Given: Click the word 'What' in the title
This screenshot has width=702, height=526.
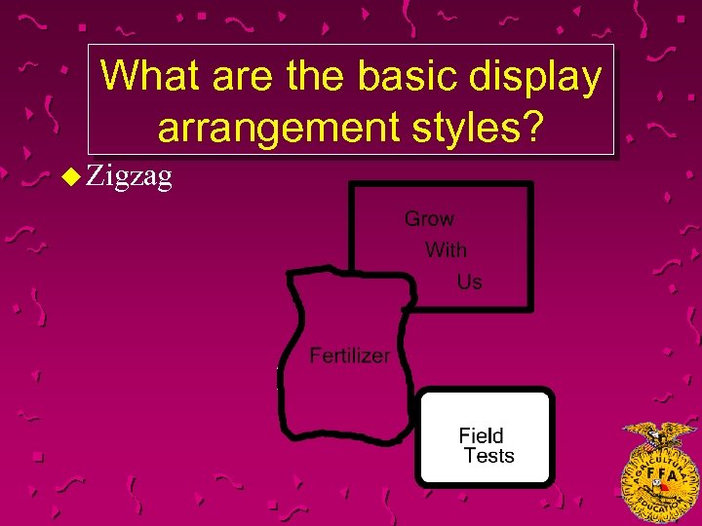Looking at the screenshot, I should [x=145, y=76].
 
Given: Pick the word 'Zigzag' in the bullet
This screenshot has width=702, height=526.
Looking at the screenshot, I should [x=129, y=176].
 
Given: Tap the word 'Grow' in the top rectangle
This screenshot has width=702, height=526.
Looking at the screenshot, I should [x=429, y=219].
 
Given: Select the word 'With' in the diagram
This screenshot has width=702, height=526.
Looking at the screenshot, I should [x=446, y=250].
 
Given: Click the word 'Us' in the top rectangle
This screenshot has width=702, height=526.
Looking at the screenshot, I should [x=469, y=282].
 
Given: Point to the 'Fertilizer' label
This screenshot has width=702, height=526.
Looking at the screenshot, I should [x=349, y=356].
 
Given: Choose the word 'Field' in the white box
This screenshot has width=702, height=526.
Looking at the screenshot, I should [x=481, y=435].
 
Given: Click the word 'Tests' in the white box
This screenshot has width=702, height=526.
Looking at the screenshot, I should [x=488, y=456].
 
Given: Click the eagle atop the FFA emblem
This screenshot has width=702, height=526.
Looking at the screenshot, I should [x=660, y=432].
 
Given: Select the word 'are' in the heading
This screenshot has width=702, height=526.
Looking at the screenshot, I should [x=233, y=76].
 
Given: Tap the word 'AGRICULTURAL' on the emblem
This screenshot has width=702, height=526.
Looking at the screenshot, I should [x=660, y=450].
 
